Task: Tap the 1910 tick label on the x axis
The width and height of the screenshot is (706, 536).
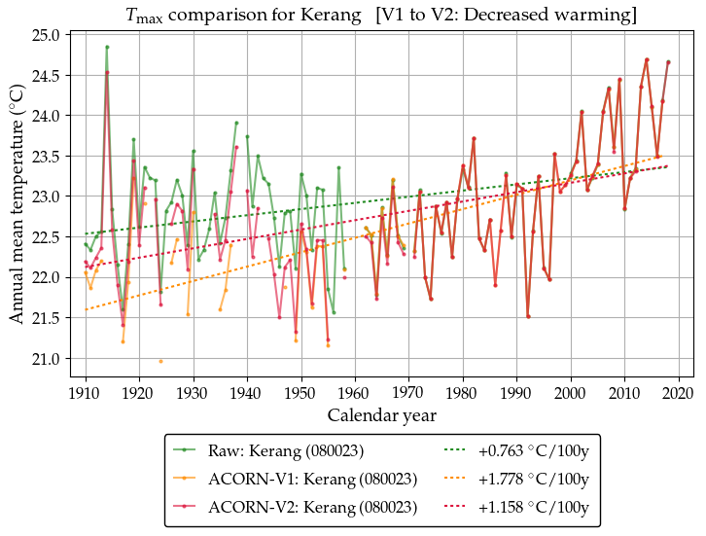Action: [86, 393]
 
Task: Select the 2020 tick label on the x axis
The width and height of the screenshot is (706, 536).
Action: [678, 393]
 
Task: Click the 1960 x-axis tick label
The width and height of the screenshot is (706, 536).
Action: [355, 393]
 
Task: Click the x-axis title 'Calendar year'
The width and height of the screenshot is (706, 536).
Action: [381, 416]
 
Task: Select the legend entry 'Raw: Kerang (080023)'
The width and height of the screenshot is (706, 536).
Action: [311, 450]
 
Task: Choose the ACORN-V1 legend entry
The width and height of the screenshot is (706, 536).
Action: [311, 479]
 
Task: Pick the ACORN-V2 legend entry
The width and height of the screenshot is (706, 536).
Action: [311, 507]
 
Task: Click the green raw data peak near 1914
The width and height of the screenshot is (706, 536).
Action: [107, 47]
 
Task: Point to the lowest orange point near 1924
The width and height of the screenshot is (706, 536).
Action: [160, 361]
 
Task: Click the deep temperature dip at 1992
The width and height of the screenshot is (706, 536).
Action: [528, 316]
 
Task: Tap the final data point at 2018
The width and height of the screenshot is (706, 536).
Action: [668, 62]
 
